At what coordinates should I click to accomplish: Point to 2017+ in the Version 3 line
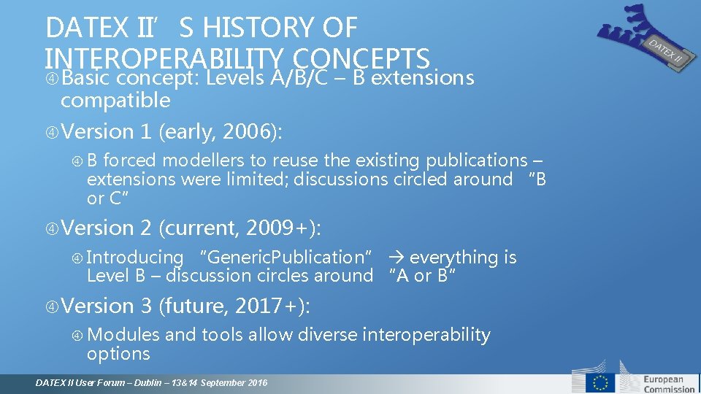click(269, 306)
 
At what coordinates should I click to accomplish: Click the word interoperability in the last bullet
click(426, 334)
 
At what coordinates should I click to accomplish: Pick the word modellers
click(202, 160)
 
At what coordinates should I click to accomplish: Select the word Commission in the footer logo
click(669, 389)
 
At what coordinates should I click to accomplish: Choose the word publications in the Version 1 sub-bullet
click(476, 160)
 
